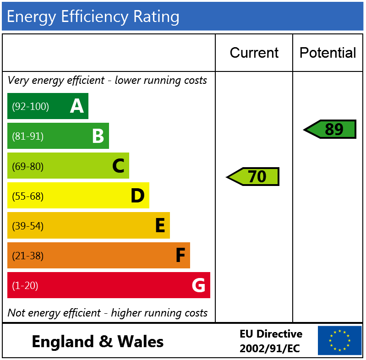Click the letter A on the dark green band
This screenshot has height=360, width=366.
pos(77,106)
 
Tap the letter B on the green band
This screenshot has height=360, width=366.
pos(98,136)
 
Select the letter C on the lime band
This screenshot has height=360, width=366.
pos(118,166)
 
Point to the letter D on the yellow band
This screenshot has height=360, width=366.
pos(137,196)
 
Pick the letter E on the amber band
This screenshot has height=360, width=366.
pos(160,226)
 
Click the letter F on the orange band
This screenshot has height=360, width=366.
pos(180,256)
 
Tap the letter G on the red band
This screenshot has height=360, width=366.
pos(198,285)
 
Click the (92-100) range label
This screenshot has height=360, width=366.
pos(30,107)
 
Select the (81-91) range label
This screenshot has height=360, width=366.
pos(28,136)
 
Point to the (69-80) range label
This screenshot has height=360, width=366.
pos(28,166)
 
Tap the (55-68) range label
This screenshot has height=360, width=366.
pos(28,196)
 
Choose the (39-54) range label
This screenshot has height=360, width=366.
pos(28,226)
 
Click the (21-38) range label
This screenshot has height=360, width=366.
pos(28,256)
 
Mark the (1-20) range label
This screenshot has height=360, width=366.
pos(25,286)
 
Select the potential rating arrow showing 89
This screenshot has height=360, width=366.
pos(330,129)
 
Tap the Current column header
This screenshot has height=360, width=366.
pos(254,53)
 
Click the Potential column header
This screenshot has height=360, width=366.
pos(328,53)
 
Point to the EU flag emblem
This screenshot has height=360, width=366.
pos(339,340)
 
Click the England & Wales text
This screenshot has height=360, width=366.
pos(98,342)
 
